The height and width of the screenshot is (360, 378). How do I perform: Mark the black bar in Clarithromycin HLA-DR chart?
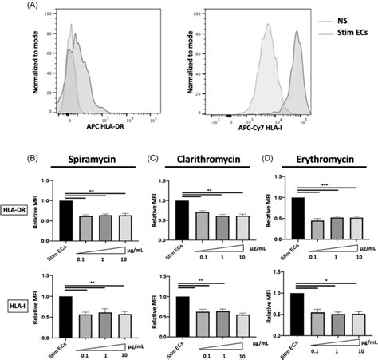[x=182, y=220]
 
